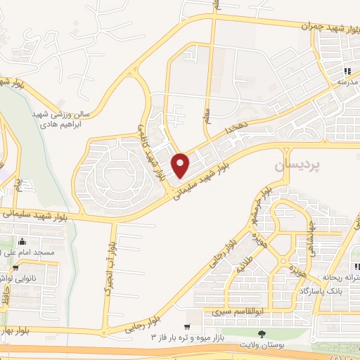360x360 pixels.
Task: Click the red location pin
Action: pos(181,165)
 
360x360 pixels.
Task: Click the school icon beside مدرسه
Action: pos(347,72)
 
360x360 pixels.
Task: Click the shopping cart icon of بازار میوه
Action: pos(187,327)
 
